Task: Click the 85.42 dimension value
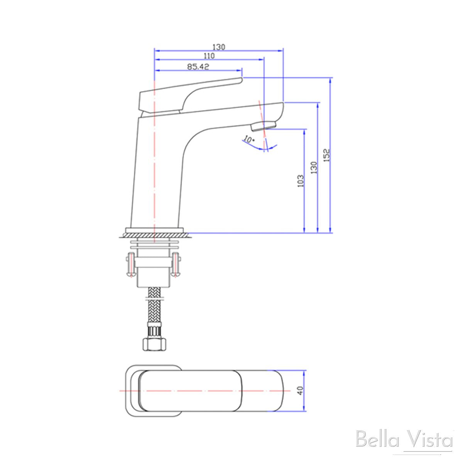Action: coord(198,67)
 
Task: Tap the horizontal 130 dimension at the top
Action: coord(218,47)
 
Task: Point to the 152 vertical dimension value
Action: coord(326,155)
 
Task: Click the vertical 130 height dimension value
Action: coord(314,167)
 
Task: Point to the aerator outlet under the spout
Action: coord(264,125)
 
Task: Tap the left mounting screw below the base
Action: coord(131,264)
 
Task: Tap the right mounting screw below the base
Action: coord(176,264)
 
